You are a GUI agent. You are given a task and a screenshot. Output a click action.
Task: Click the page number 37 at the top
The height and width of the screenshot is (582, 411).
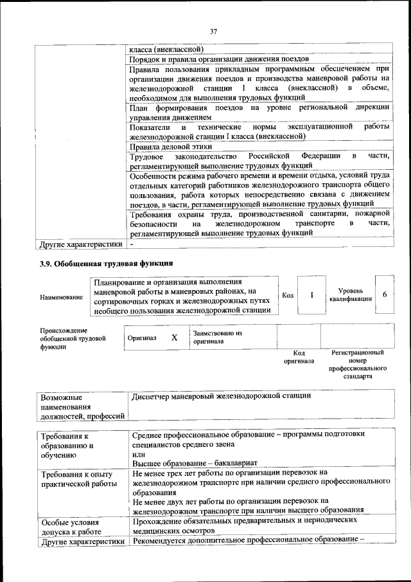coord(214,32)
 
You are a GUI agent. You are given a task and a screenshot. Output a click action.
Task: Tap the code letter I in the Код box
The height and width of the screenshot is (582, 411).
coord(311,295)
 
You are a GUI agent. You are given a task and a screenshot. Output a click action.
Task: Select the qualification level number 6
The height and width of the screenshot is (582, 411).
coord(384,295)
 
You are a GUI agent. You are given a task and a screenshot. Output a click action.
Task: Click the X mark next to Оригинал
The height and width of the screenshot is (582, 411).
coord(173,337)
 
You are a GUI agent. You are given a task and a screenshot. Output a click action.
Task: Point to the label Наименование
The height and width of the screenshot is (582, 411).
coord(61,297)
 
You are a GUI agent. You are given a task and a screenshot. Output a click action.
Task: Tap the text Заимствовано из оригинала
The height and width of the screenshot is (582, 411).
coord(217,338)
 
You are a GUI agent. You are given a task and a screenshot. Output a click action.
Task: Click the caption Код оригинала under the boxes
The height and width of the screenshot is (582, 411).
coord(298,357)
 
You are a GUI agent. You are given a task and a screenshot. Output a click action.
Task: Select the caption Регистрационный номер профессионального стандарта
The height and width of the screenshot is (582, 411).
coord(358,365)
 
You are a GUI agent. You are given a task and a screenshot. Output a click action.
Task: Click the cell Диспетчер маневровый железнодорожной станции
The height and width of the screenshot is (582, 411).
coord(221,396)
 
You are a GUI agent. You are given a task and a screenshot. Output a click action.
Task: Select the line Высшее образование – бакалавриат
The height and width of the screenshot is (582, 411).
coord(190,462)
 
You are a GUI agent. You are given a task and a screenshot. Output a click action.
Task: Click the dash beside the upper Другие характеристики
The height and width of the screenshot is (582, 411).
coord(132,244)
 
